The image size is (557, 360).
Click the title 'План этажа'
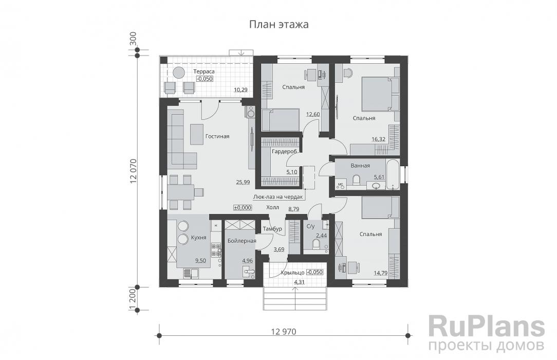pos(278,24)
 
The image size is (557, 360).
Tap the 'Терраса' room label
pos(204,71)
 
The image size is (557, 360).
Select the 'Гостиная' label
pos(217,136)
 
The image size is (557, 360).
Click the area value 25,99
pos(243,182)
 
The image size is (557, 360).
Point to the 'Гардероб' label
pos(284,151)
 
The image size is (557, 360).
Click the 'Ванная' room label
pos(360,166)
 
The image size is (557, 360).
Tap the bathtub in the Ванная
pos(393,174)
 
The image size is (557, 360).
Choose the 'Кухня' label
pos(198,238)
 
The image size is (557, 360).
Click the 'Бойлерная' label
pos(242,241)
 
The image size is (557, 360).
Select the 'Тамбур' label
pos(272,228)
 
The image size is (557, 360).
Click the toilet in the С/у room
pos(315,244)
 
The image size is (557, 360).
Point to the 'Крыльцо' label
pos(292,273)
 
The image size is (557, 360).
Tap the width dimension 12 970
pos(284,332)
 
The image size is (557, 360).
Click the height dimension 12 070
pos(133,171)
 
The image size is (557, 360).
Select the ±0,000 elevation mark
pos(243,208)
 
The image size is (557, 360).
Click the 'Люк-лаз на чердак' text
pos(278,196)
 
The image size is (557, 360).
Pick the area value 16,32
pos(378,139)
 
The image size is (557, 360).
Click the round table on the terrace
pos(179,72)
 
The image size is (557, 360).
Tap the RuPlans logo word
pos(487,327)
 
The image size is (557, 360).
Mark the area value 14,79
pos(380,273)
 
